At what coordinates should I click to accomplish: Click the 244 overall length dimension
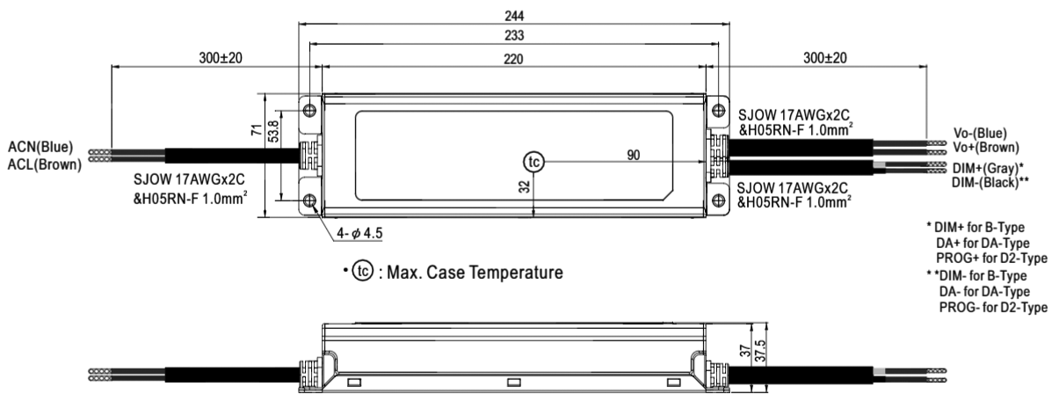click(514, 16)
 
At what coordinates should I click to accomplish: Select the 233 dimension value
click(514, 35)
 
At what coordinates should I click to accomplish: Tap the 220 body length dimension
click(513, 59)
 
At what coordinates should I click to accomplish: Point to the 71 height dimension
click(257, 129)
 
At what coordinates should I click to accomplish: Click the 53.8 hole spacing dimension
click(273, 131)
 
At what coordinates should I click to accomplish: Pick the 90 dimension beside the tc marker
click(634, 155)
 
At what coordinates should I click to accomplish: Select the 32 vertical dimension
click(525, 186)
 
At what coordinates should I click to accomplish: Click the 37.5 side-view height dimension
click(760, 350)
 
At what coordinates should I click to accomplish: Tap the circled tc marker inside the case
click(533, 162)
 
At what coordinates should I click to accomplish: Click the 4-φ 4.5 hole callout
click(359, 233)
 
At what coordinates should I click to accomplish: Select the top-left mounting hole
click(309, 111)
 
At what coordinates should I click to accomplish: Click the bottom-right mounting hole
click(718, 201)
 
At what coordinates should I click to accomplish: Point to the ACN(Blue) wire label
click(40, 147)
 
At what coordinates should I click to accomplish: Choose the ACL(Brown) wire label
click(45, 164)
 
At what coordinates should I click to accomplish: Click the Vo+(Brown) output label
click(986, 147)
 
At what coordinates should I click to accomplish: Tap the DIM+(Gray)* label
click(988, 168)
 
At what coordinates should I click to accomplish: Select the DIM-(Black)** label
click(990, 183)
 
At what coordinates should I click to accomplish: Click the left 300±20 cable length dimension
click(221, 58)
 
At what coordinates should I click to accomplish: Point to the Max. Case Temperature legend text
click(475, 273)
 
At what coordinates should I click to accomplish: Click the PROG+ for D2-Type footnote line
click(992, 259)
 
